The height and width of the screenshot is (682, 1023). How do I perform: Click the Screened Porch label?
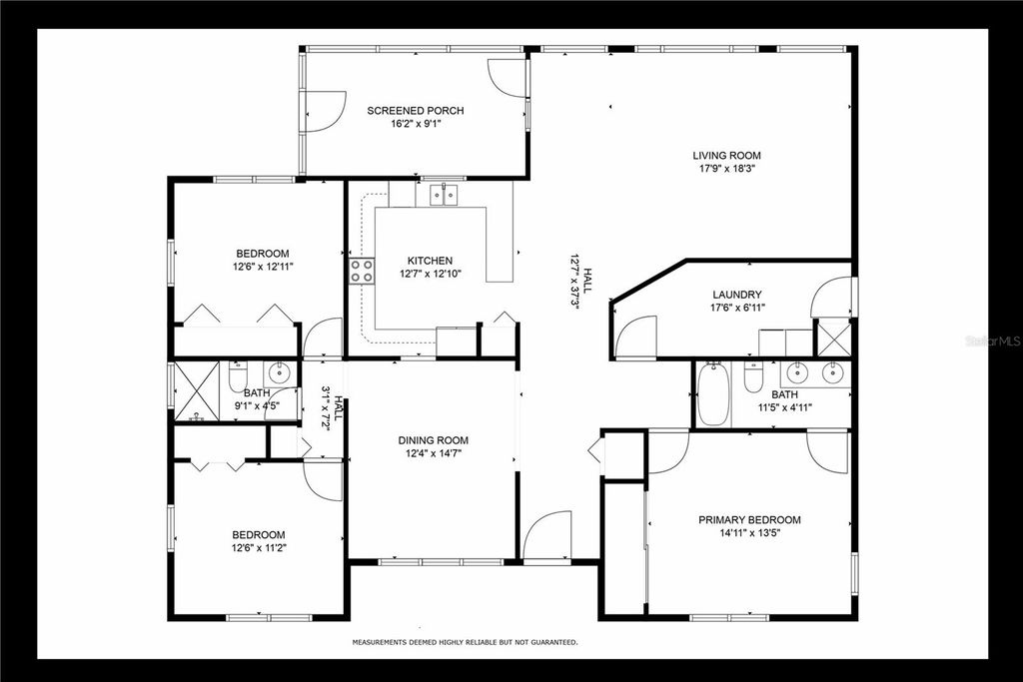click(x=415, y=111)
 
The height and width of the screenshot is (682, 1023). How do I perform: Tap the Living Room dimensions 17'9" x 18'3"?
click(x=727, y=169)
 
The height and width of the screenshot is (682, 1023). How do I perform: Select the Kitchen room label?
click(x=430, y=261)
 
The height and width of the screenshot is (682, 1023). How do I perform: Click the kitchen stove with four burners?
click(x=361, y=270)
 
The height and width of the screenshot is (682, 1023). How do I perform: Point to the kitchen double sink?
click(x=444, y=194)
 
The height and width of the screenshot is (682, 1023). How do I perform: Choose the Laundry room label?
click(x=737, y=295)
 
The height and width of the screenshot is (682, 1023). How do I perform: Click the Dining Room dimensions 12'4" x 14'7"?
click(x=433, y=453)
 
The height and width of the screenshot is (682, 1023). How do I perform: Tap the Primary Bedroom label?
click(x=749, y=520)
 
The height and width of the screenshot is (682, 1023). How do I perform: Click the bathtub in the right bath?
click(x=712, y=394)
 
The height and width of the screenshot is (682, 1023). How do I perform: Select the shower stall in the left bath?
click(x=196, y=387)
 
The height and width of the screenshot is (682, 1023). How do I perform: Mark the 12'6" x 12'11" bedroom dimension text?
click(x=263, y=267)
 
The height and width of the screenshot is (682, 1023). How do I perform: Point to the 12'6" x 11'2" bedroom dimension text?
click(x=259, y=548)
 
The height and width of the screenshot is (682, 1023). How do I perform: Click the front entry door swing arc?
click(x=546, y=536)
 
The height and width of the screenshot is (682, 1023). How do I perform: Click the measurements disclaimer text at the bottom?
click(x=464, y=643)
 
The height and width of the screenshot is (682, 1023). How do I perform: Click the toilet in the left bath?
click(x=238, y=376)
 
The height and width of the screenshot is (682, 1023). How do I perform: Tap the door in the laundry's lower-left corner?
click(x=634, y=338)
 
